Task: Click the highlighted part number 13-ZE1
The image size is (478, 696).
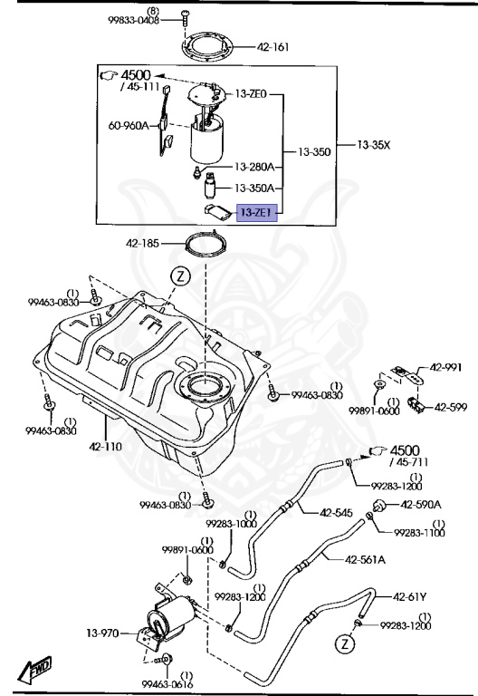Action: tap(256, 213)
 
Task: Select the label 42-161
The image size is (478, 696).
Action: tap(273, 47)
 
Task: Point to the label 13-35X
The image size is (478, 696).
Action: tap(373, 144)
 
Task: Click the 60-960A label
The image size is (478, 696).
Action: tap(129, 125)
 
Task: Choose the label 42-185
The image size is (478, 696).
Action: tap(142, 243)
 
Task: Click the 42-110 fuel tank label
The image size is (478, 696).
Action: tap(106, 447)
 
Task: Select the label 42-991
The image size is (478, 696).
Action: tap(445, 367)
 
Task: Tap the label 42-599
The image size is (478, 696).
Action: tap(450, 407)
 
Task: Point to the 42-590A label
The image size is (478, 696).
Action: tap(421, 504)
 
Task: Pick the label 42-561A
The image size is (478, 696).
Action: tap(365, 559)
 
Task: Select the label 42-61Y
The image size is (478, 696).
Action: tap(410, 596)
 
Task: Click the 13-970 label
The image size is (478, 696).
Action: tap(103, 633)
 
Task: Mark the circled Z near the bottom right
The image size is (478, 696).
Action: tap(344, 644)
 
